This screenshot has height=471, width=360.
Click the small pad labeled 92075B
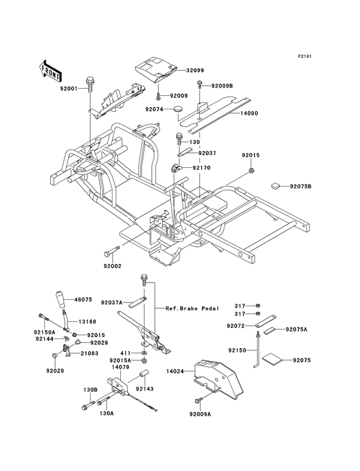(275, 186)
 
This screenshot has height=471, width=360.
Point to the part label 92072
(237, 326)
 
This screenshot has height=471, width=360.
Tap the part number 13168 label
(87, 321)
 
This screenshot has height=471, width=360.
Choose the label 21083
(89, 353)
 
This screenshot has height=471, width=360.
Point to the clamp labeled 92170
(175, 169)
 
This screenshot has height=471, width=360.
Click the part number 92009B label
(221, 84)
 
